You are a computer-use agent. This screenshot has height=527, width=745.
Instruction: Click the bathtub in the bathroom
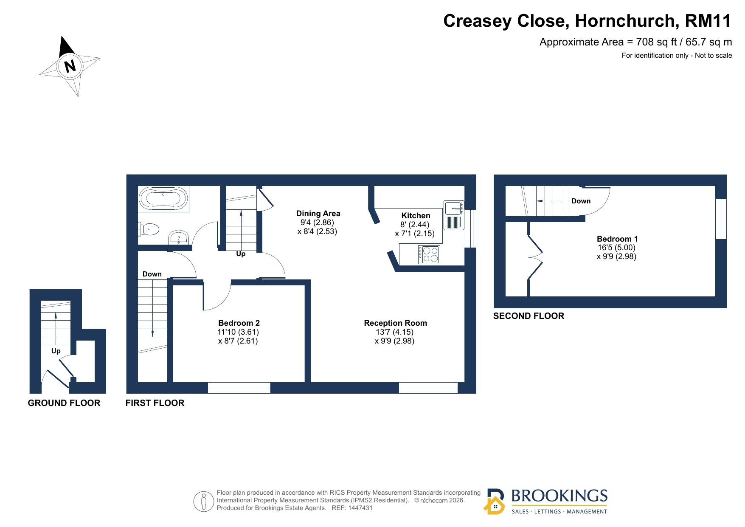pos(163,199)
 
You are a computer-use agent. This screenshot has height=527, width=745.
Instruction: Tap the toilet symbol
pos(148,229)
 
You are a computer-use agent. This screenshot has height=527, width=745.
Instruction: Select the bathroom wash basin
pos(179,237)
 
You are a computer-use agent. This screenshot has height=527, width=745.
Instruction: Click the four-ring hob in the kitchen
pos(429,255)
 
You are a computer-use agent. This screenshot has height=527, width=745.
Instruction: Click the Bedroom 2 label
pos(239,323)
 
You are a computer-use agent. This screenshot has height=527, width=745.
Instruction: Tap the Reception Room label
pos(395,323)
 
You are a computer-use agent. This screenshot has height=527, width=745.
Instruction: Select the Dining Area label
pos(318,213)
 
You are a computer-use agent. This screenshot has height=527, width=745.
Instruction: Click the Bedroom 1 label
pos(617,239)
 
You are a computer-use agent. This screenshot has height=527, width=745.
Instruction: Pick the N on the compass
pos(70,66)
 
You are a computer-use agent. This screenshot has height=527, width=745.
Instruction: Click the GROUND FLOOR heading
pos(64,403)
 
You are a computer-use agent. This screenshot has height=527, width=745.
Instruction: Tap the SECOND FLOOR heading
pos(529,316)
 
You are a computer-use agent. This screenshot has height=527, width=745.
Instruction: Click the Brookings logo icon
pos(495,502)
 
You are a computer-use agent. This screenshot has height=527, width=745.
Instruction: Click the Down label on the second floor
pos(581,201)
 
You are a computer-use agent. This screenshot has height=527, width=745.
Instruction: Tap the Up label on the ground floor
pos(56,351)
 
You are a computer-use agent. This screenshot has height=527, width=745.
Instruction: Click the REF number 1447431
pos(360,508)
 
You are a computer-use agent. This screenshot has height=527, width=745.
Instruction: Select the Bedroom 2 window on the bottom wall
pos(239,388)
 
